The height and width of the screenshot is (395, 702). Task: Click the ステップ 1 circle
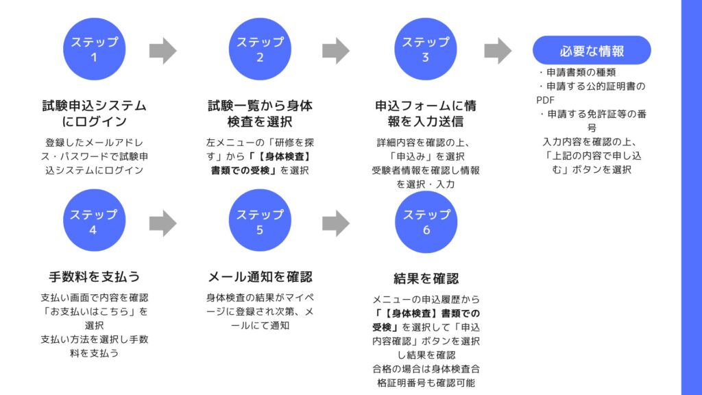pos(94,49)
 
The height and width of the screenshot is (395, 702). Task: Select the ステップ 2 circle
pos(260,49)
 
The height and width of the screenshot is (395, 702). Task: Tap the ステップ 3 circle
pos(426,49)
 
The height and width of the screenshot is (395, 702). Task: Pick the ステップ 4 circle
pos(94,222)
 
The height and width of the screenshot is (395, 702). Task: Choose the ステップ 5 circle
pos(260,222)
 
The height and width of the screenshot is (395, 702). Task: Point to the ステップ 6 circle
pos(426,222)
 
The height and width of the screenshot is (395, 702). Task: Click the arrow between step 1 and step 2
pos(162,50)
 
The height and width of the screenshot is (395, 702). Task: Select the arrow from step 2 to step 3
pos(335,50)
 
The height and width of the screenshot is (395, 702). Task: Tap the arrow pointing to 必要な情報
pos(498,50)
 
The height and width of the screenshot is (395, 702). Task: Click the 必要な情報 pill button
pos(592,51)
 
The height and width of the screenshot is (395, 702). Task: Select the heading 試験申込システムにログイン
pos(94,114)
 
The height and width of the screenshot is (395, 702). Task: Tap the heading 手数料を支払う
pos(94,277)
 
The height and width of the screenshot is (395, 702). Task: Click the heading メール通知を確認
pos(260,277)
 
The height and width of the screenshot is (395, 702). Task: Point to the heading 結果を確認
pos(426,278)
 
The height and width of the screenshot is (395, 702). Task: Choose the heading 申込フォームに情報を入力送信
pos(426,114)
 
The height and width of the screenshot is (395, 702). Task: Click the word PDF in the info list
pos(546,99)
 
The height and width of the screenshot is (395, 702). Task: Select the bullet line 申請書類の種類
pos(581,72)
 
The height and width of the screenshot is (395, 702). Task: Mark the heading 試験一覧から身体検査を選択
pos(260,114)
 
